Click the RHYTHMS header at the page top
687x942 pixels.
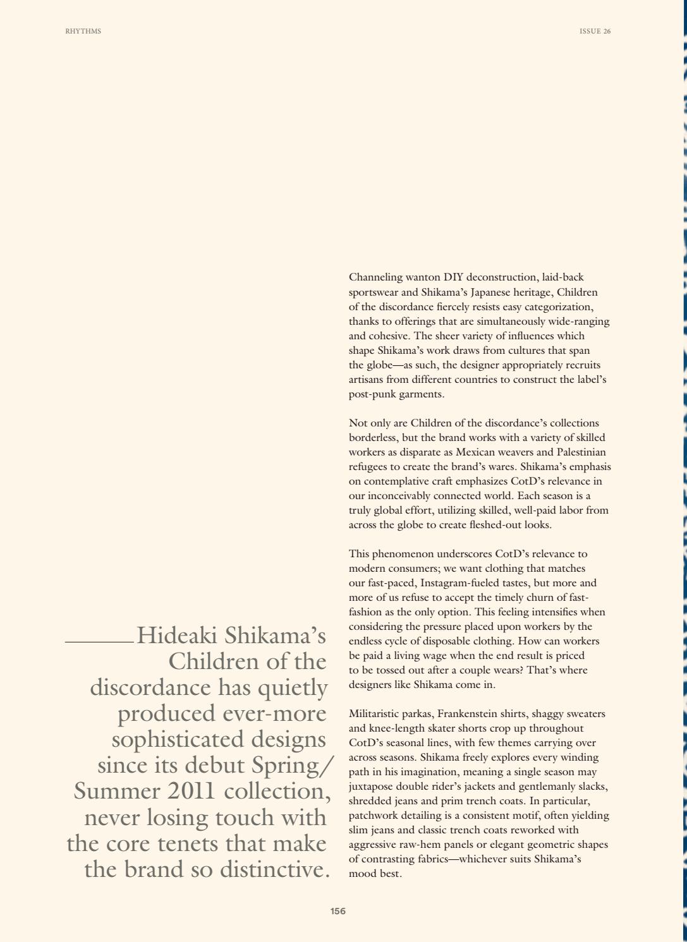83,31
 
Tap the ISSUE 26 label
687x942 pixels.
595,31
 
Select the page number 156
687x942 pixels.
338,911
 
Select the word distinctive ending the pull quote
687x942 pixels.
274,869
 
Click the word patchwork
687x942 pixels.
372,816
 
